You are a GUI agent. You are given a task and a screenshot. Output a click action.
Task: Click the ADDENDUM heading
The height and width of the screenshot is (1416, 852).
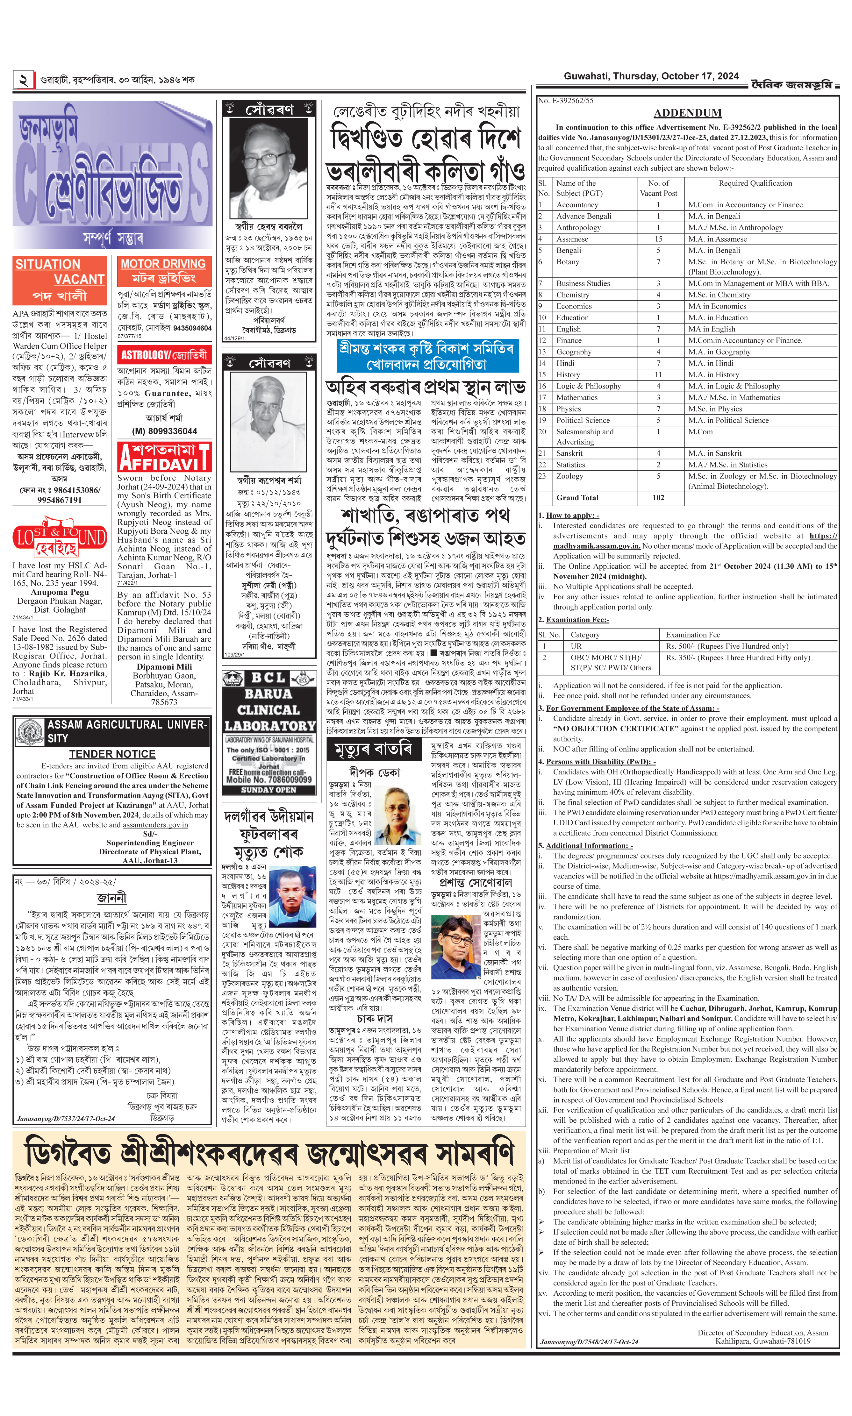(687, 113)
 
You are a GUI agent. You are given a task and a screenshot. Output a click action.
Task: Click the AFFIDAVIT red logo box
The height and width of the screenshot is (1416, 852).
(164, 456)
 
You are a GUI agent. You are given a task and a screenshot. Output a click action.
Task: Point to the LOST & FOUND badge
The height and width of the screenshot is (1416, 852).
(60, 539)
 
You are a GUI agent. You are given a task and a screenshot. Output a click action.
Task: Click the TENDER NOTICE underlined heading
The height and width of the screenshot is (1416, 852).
(112, 754)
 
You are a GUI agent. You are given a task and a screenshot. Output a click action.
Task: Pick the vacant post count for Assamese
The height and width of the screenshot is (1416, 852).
(658, 239)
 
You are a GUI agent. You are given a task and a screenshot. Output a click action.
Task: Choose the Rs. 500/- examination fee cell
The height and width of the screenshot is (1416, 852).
(727, 646)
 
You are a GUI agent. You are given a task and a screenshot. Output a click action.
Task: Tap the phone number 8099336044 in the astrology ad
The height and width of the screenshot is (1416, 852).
(165, 431)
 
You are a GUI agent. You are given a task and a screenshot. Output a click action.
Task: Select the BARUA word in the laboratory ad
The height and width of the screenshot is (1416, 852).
(269, 694)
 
